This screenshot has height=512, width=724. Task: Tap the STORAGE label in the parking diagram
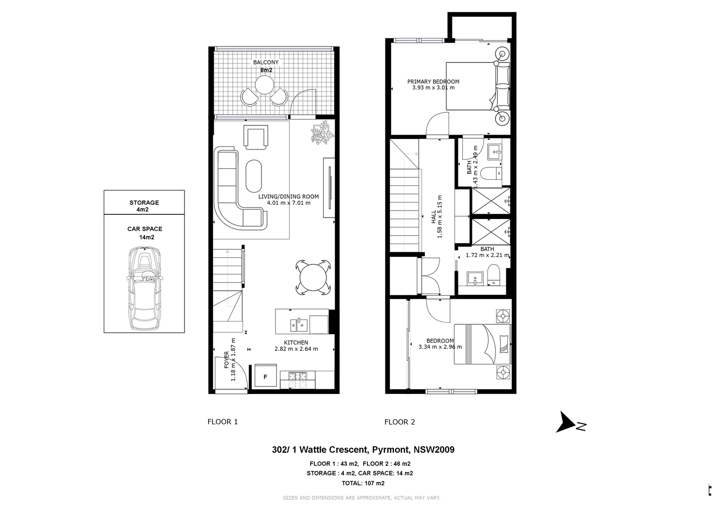144,202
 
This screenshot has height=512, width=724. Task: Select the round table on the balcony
264,86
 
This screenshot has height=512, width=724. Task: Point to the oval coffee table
254,175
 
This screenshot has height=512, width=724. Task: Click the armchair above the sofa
256,137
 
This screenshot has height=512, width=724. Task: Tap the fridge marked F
266,377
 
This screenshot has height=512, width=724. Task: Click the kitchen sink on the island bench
299,325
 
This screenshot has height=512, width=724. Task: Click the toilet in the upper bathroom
488,174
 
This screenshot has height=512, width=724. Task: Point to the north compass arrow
567,422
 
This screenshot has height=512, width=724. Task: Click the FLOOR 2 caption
400,422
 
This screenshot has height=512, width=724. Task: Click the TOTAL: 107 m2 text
363,484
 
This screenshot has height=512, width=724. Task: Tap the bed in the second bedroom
482,344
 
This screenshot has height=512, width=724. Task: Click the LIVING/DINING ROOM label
288,196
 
